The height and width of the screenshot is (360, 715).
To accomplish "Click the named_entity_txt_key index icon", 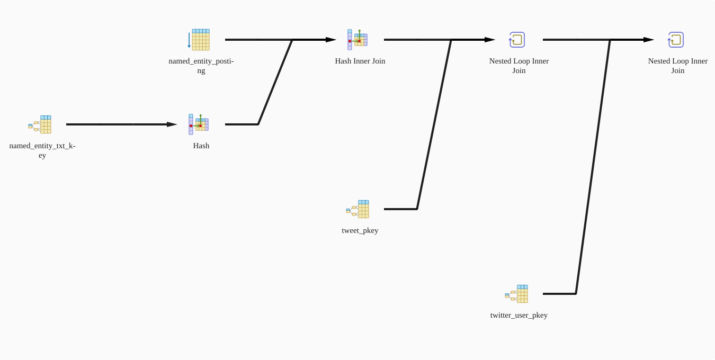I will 40,124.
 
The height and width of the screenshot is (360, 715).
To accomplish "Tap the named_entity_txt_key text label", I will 42,150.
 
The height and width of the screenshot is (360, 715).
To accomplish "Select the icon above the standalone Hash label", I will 199,124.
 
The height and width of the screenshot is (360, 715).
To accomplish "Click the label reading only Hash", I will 201,146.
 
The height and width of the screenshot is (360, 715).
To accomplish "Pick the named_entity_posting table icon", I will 199,40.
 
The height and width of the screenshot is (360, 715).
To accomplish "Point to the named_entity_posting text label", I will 201,66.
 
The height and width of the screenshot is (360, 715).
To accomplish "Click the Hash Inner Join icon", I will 358,40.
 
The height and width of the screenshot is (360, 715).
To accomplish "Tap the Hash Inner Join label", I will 360,61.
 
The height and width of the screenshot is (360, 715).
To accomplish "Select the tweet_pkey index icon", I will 358,209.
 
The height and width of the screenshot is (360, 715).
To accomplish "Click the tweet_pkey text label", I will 360,230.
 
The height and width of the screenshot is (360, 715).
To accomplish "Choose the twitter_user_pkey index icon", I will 517,294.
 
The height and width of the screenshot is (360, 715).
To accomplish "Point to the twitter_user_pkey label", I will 519,315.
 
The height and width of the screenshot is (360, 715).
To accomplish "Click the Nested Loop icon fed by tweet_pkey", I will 517,40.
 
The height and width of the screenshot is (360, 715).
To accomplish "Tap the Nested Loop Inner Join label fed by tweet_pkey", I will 519,66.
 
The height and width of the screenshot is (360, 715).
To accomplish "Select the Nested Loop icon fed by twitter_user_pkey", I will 676,40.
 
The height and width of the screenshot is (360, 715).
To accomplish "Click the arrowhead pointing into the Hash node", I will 172,124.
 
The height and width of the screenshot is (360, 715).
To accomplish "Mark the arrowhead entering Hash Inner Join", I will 330,40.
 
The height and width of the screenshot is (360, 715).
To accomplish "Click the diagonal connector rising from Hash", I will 275,82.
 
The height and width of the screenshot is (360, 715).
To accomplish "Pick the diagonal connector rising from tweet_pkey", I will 434,124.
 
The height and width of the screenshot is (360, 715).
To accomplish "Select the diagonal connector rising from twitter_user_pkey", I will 593,167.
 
